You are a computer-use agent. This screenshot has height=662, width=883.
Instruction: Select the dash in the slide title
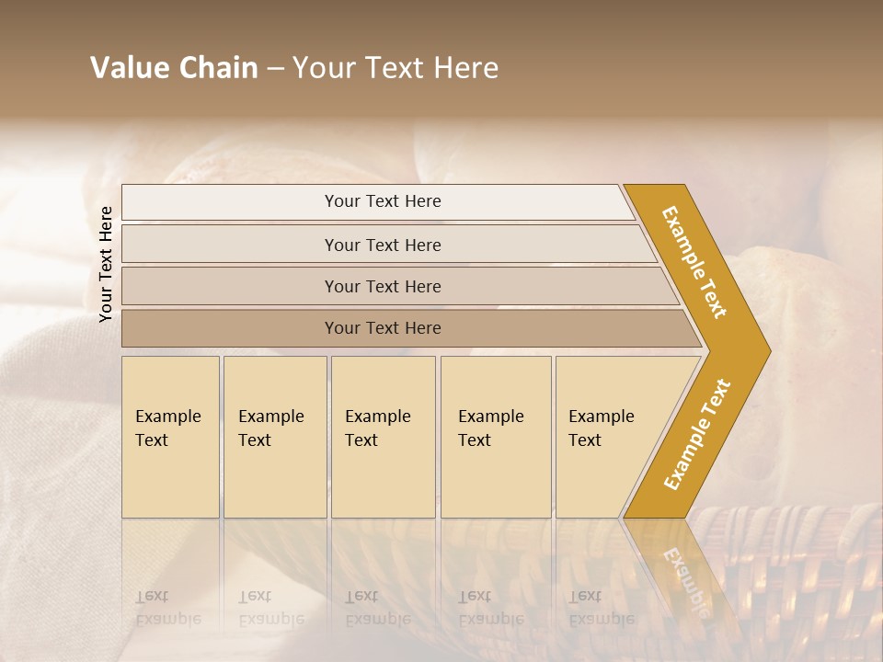(275, 69)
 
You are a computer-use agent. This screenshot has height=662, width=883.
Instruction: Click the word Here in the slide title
(465, 68)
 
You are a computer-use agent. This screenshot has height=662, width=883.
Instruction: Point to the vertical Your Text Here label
(106, 264)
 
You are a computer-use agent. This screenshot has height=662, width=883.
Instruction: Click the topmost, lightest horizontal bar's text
(383, 201)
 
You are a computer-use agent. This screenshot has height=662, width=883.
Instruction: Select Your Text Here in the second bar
(383, 245)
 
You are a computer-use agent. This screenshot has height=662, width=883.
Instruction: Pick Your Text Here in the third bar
(383, 286)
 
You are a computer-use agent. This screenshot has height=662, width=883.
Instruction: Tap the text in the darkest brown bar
(383, 328)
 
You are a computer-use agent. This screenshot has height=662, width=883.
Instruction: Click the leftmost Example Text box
(169, 428)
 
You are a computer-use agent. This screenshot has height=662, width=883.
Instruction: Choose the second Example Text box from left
(273, 428)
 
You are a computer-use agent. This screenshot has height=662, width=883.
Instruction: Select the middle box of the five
(381, 428)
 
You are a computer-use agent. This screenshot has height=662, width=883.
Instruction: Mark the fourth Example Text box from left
(494, 428)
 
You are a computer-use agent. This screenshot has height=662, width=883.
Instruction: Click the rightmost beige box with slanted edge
(602, 428)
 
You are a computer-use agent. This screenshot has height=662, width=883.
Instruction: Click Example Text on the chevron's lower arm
(697, 434)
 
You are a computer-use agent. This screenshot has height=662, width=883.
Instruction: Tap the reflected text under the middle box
(378, 608)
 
